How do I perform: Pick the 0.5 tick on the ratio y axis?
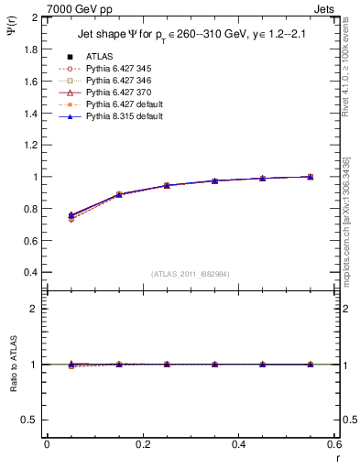coord(32,420)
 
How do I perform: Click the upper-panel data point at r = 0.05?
coord(71,215)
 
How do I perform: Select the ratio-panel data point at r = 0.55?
coord(311,365)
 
